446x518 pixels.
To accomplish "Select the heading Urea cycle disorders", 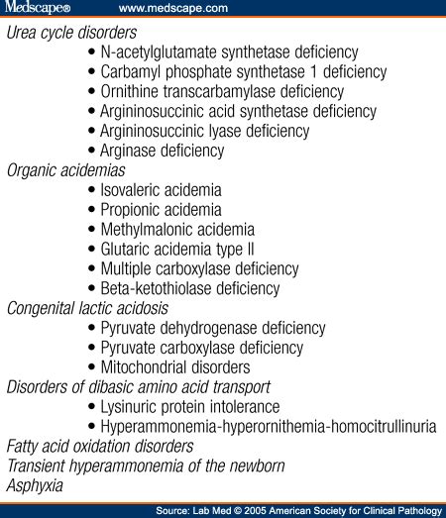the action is click(71, 33).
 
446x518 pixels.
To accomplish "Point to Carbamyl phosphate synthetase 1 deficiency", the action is click(243, 72).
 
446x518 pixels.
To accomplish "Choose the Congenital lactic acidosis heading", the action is click(87, 308).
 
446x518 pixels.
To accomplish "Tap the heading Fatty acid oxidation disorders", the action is click(100, 446).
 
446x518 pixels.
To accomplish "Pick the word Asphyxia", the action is click(35, 485).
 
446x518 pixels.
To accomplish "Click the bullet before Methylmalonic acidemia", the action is click(93, 230).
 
